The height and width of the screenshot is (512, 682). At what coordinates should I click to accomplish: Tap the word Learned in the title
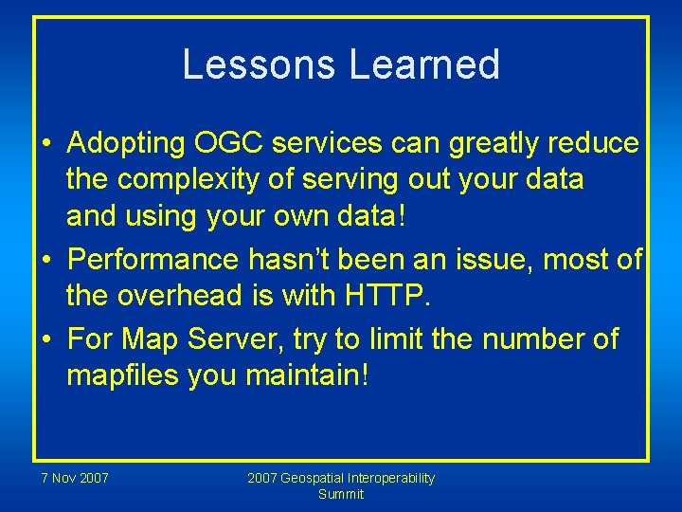424,64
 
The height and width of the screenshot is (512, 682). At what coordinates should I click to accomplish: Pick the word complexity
194,179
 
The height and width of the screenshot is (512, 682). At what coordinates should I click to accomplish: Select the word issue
492,258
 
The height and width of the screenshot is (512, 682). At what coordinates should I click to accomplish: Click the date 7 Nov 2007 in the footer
74,478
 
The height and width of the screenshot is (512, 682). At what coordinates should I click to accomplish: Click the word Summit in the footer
341,494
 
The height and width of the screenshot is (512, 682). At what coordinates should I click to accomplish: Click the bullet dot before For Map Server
45,339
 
